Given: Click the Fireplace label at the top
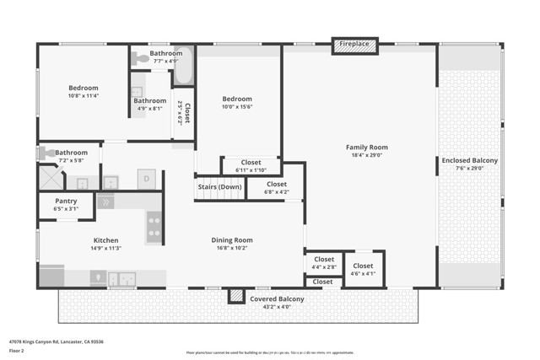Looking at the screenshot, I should pos(355,43).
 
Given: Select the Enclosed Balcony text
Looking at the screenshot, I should pos(470,160).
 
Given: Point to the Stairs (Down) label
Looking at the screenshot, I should pos(219,186).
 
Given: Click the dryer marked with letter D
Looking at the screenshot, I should pos(146,178).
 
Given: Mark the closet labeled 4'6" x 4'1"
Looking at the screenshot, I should pos(363,270).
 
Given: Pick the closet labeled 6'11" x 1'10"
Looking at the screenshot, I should pos(251,165).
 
